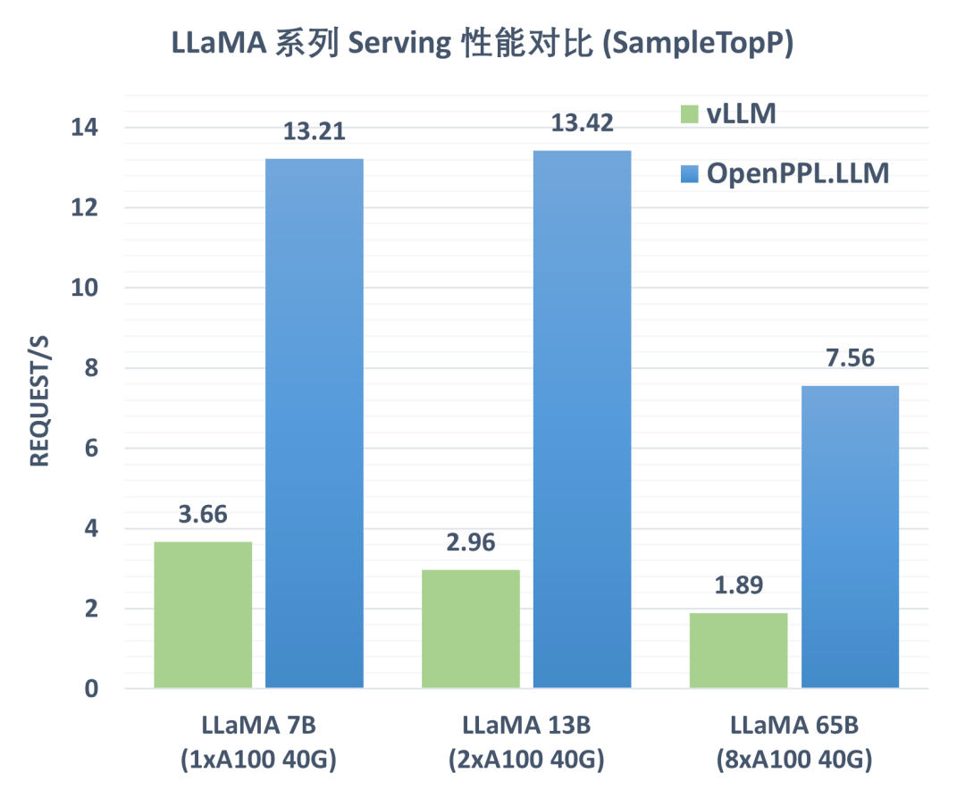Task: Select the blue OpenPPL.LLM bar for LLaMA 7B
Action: pos(315,424)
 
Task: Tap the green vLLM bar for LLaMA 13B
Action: pos(470,629)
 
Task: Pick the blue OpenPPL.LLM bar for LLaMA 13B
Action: pos(582,419)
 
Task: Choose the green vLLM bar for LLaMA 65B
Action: pos(738,651)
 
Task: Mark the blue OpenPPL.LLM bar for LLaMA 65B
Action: pos(850,537)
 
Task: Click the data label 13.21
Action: pos(315,132)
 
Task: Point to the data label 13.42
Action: pos(582,123)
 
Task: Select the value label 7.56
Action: pos(850,358)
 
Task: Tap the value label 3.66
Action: pos(203,515)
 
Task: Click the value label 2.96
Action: pos(470,542)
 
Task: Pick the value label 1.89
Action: pos(738,586)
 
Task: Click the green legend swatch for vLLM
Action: pos(690,114)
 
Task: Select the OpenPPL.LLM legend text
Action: pos(798,172)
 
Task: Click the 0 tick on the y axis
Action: pos(94,689)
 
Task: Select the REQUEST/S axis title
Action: pos(38,407)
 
